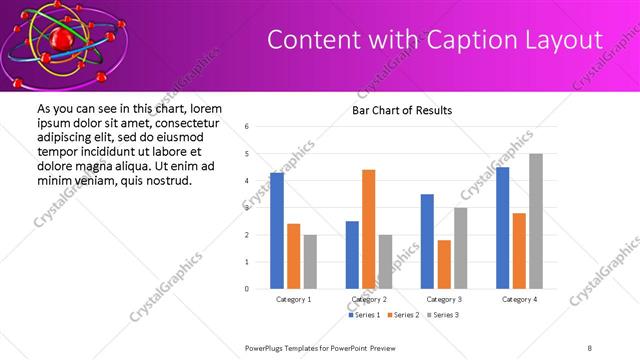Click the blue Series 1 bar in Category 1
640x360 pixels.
click(277, 231)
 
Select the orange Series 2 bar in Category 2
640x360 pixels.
click(369, 229)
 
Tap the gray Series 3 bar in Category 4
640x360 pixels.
click(536, 221)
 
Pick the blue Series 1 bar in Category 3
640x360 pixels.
click(427, 241)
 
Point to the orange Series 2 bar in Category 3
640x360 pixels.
click(444, 264)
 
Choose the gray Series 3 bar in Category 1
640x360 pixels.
click(310, 261)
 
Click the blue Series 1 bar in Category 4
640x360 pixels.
click(502, 228)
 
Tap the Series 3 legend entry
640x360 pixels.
click(445, 315)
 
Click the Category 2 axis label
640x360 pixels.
click(369, 299)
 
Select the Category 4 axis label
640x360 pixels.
click(519, 299)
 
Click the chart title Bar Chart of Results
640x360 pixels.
click(402, 110)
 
